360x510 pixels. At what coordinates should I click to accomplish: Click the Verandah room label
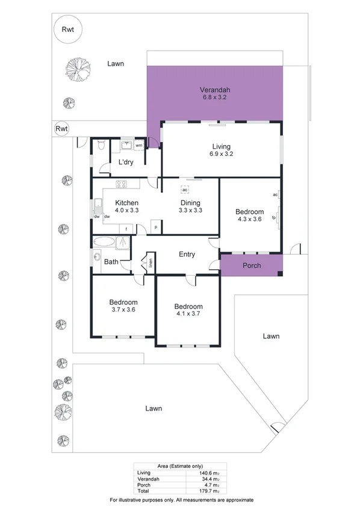pos(215,91)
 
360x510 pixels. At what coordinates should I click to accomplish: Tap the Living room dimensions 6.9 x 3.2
pos(221,155)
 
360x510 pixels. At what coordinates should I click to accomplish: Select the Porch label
pos(252,266)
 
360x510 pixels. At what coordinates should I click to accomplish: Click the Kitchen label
pos(127,203)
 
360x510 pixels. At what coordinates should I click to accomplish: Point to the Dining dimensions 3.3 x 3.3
pos(190,211)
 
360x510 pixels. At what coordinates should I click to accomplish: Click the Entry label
pos(187,254)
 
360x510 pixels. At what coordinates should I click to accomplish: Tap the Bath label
pos(111,262)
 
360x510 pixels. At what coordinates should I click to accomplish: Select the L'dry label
pos(126,163)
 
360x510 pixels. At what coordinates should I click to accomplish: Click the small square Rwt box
pos(61,128)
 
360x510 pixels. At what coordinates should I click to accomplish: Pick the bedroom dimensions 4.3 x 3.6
pos(249,220)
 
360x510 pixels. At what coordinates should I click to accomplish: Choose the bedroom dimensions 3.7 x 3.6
pos(123,310)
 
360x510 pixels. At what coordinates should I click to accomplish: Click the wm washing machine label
pos(138,145)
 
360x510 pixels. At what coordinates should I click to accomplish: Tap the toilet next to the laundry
pos(101,145)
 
